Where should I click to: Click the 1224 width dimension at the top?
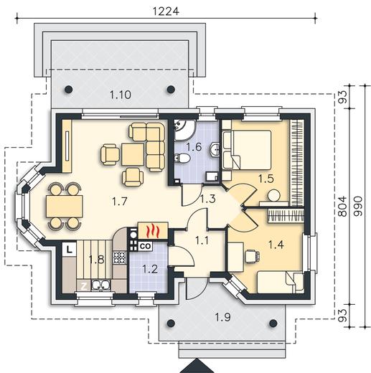click(166, 11)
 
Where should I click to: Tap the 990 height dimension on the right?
click(358, 207)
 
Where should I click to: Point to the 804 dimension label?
click(344, 207)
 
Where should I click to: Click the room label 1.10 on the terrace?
click(121, 95)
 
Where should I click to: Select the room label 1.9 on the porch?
click(222, 318)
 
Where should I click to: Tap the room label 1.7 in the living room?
click(119, 202)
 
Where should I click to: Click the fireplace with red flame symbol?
click(153, 230)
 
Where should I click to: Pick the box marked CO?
click(145, 246)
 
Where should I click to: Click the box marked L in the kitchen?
click(69, 250)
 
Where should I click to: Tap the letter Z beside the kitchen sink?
click(84, 286)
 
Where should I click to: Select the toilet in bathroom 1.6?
click(182, 158)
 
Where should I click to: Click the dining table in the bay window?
click(65, 206)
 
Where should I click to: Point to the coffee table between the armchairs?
click(133, 154)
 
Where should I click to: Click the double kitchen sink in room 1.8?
click(100, 285)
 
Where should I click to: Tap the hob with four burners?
click(119, 258)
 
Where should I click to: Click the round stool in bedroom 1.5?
click(273, 196)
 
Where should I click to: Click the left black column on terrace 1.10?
click(68, 90)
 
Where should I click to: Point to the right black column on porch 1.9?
click(273, 324)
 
